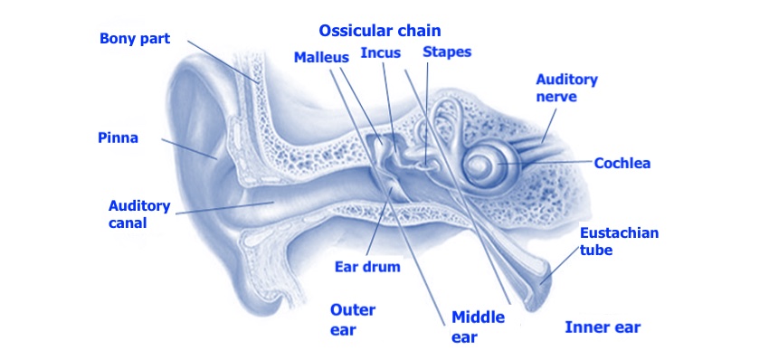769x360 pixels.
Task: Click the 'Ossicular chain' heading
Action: (380, 31)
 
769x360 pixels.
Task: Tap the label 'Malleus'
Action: (321, 57)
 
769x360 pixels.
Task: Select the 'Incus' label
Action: (381, 52)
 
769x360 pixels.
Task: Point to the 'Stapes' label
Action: (447, 52)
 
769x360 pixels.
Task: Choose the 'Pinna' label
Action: (118, 137)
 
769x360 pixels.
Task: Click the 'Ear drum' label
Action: (367, 267)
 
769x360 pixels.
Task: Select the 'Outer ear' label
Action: (352, 319)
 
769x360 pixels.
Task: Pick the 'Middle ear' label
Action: (478, 327)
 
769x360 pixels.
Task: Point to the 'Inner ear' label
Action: (603, 326)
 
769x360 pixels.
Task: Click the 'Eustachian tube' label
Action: (619, 241)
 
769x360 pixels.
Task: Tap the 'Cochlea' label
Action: (622, 164)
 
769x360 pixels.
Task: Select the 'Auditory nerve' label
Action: (566, 87)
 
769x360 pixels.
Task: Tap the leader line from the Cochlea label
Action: (552, 163)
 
